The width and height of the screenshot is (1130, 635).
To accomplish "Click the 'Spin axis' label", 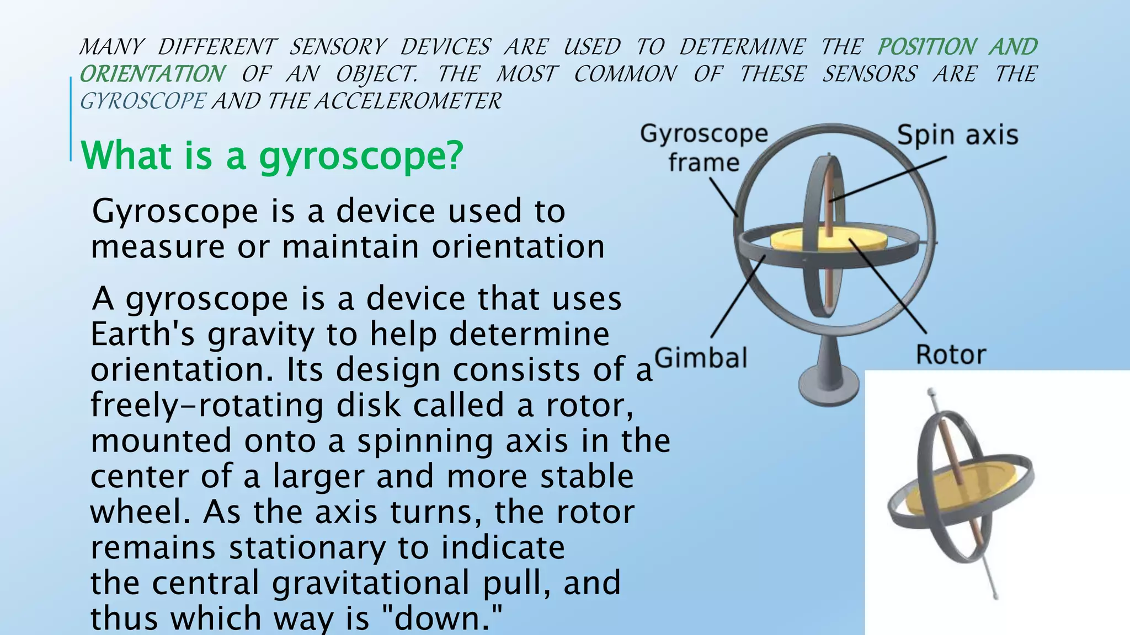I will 957,136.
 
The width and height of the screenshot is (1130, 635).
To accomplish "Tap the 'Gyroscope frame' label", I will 704,148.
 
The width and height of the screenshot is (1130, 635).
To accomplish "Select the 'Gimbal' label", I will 701,358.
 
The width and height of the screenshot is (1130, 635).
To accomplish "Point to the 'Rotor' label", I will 951,354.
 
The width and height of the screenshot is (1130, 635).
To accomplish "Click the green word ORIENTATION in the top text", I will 152,74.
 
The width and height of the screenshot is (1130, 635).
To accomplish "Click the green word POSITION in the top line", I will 926,47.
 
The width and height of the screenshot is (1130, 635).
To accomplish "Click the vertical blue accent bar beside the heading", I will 71,119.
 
